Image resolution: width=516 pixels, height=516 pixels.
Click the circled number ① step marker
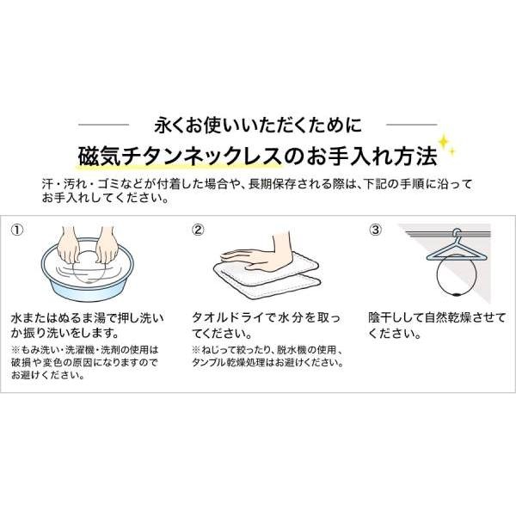[18, 230]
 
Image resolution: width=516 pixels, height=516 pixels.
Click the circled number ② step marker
[198, 230]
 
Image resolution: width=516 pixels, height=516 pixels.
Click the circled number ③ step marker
[375, 230]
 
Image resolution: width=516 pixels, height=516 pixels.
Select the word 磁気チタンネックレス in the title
[184, 156]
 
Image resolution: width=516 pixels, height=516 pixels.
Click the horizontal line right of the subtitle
[404, 122]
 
